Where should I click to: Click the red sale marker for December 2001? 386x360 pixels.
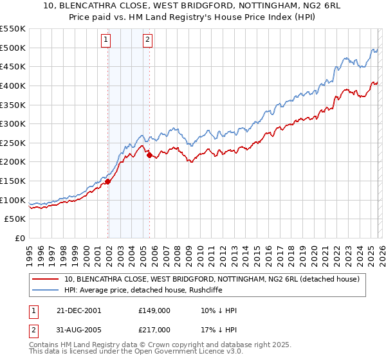point(107,181)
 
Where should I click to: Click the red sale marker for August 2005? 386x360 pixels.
point(149,155)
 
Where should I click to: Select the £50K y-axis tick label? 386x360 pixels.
point(15,219)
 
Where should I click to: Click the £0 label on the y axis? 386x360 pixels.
point(20,239)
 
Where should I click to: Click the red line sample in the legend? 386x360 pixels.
point(46,278)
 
